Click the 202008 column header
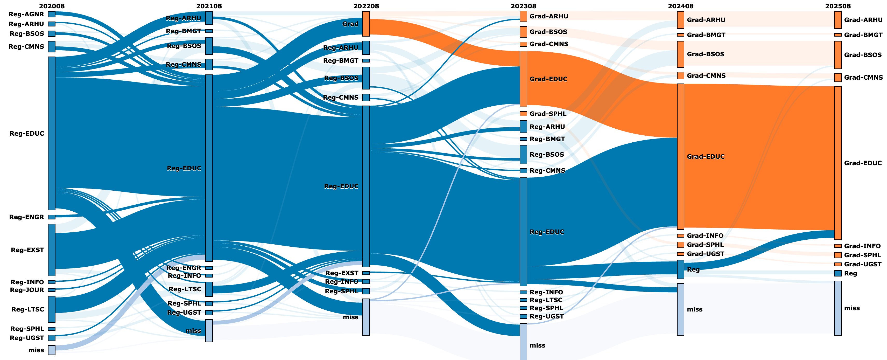point(52,6)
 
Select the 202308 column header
point(523,6)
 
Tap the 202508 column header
point(837,6)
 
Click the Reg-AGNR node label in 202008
point(26,14)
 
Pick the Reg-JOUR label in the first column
point(27,290)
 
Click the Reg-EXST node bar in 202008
point(52,250)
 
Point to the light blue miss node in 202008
point(52,350)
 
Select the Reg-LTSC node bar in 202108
point(209,289)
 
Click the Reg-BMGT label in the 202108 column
point(183,31)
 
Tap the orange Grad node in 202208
point(366,24)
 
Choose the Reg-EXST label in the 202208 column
point(342,273)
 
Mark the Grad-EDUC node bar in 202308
point(523,79)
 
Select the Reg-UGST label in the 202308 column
point(546,316)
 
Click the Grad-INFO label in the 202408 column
point(705,236)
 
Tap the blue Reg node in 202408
point(680,269)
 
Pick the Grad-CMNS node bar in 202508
point(838,78)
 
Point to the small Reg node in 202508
point(838,273)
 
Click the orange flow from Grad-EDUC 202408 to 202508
point(758,155)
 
